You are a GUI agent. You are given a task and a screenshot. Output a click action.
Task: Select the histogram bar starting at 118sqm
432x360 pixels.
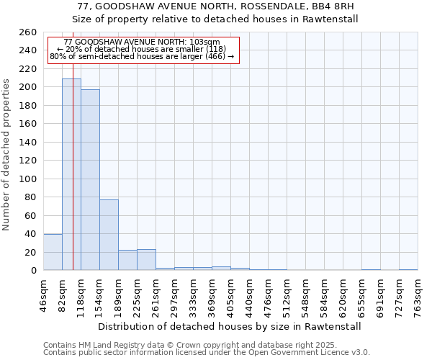coord(90,180)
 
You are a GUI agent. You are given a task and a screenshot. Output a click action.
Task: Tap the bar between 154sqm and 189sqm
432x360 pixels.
coord(109,235)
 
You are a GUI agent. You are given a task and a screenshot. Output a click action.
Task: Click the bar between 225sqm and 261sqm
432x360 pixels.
coord(146,260)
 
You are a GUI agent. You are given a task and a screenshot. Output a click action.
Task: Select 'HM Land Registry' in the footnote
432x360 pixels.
coord(104,346)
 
